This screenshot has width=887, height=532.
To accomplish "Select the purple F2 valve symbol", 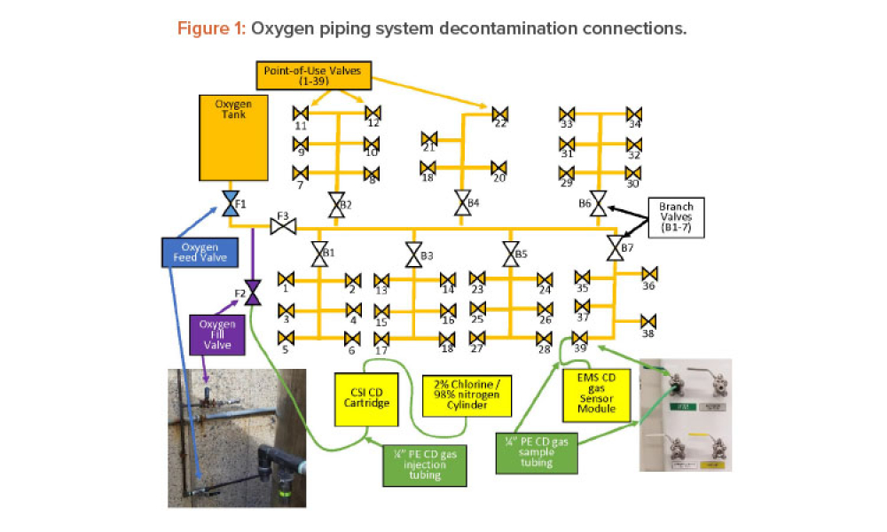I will coord(253,291).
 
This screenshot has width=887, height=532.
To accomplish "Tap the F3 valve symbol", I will coord(283,228).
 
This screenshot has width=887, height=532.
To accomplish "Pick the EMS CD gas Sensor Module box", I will coord(596,395).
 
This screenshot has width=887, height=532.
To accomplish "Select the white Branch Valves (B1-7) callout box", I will coord(677,216).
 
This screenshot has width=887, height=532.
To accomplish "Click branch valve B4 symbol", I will coord(462,203).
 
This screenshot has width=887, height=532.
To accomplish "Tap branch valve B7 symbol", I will coord(614,247).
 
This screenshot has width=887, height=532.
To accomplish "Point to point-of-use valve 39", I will coord(580,337).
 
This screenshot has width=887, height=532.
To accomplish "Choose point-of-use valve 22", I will coord(500,113).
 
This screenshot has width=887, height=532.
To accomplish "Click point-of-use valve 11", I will coord(301,113).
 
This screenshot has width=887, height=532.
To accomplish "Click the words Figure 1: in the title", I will coord(212,28).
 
